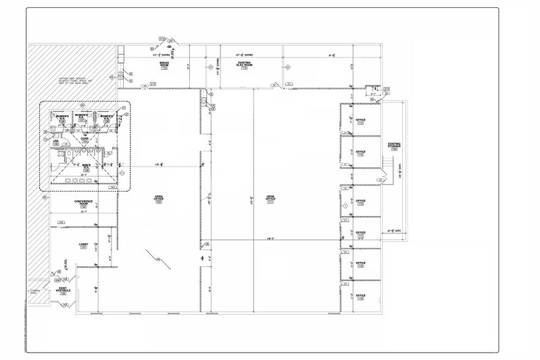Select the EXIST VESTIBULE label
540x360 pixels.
pos(64,290)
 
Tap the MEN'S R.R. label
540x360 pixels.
pos(86,167)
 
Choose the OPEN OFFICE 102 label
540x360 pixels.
pos(158,199)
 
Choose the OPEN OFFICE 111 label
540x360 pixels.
pos(270,199)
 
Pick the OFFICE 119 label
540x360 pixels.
pos(361,297)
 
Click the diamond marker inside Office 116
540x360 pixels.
pos(345,206)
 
